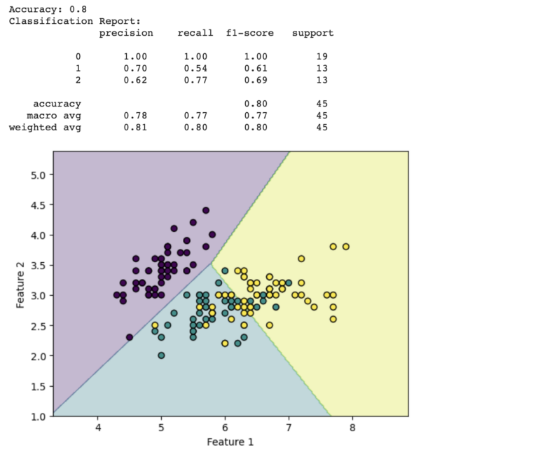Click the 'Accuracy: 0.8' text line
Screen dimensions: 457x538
pos(48,9)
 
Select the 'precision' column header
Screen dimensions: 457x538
pos(126,33)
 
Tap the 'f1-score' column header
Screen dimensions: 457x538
pos(250,33)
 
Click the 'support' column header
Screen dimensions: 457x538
pos(312,33)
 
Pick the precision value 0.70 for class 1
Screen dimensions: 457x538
pos(134,69)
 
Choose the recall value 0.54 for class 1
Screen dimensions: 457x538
pos(195,69)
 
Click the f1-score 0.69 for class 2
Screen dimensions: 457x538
pos(256,81)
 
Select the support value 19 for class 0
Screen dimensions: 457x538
pos(322,57)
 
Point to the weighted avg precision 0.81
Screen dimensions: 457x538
pos(134,128)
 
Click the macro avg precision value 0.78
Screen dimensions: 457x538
pos(134,116)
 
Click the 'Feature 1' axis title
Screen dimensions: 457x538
pos(230,442)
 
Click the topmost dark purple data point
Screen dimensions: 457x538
pos(206,210)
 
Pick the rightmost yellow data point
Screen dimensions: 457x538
pos(345,247)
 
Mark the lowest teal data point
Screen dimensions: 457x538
pos(161,355)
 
